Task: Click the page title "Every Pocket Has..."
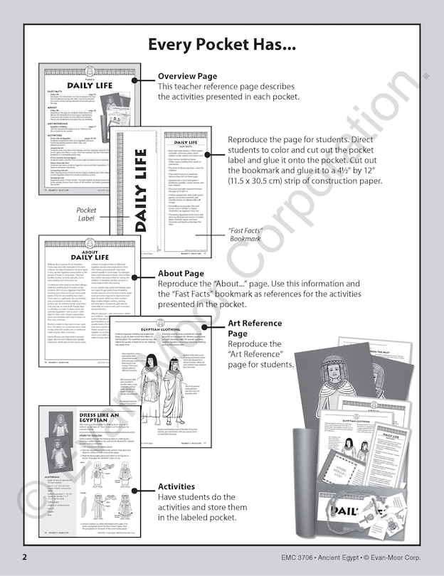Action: (221, 45)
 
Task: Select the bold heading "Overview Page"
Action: (187, 76)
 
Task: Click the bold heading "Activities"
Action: (176, 486)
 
